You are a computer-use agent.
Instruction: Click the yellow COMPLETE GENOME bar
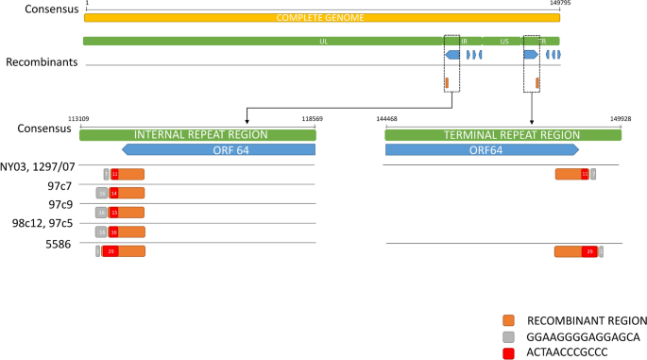321,17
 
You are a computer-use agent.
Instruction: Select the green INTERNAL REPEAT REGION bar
196,135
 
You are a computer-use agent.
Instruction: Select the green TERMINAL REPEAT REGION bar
502,135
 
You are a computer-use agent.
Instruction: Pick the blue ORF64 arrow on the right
482,149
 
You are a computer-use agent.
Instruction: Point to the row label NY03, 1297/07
38,166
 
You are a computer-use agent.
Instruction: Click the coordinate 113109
78,119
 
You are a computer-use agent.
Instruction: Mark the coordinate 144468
386,119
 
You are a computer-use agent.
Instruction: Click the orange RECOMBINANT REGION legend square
508,320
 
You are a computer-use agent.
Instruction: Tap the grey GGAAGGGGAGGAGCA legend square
508,337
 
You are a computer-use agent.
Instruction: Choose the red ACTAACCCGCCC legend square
508,353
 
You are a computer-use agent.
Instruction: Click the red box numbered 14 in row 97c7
113,193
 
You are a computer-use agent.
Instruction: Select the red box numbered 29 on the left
110,251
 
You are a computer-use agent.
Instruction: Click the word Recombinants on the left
42,62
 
